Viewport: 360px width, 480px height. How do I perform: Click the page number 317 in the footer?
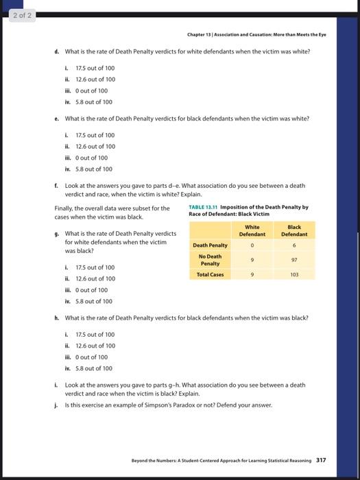322,460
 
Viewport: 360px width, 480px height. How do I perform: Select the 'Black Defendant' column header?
294,230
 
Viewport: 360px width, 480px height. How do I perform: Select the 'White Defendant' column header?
252,230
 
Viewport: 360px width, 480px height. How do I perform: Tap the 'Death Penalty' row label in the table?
211,245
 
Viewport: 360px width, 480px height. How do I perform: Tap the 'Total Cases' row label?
211,274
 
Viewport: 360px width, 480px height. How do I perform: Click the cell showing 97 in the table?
294,259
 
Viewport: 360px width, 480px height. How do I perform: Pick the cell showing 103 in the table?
294,274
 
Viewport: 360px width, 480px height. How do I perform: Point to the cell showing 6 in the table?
294,245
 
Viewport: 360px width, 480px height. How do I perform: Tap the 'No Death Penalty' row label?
211,259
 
